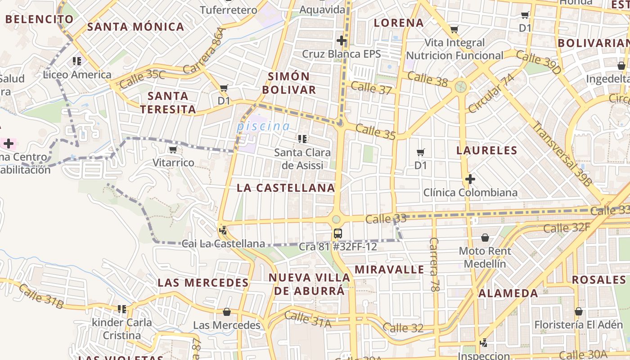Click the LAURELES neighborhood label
pos(486,150)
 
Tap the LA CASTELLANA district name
pos(286,188)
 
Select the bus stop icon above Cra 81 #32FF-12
pos(338,234)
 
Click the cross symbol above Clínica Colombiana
pos(470,180)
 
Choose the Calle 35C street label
pos(142,79)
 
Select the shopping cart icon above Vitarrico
pos(173,150)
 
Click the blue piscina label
pos(263,126)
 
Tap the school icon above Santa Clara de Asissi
pos(302,139)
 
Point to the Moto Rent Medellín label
pos(485,257)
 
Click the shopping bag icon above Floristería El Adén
pos(579,311)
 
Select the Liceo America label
pos(77,75)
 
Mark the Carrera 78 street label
pos(434,265)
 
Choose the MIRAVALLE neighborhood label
pos(389,270)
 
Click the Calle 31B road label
pos(41,297)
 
